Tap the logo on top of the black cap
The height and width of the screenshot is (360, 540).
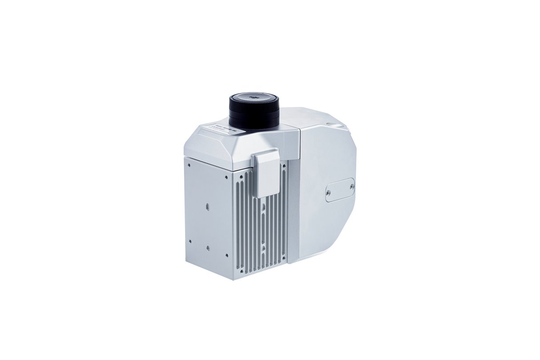coord(254,95)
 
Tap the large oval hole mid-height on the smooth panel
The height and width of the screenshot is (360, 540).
coord(208,207)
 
